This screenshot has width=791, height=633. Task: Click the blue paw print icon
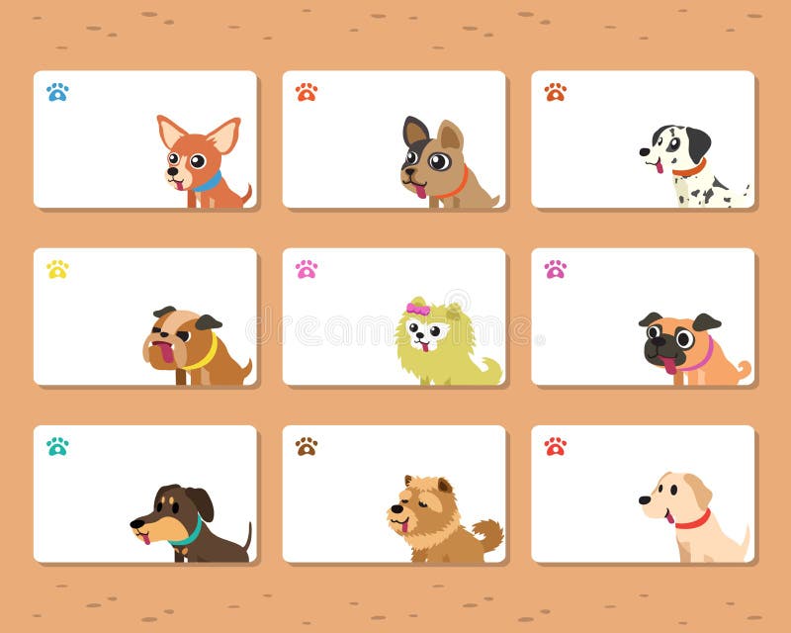click(57, 92)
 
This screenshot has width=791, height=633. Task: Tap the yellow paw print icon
click(57, 269)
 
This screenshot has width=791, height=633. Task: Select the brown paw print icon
click(307, 446)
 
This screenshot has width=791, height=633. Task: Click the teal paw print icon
click(57, 446)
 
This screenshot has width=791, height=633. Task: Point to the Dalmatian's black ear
click(698, 144)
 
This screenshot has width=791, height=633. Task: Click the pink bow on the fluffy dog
click(418, 310)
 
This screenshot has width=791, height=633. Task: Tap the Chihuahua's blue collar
click(208, 182)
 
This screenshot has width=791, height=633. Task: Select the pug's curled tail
click(744, 369)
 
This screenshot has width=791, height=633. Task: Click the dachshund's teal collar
click(185, 537)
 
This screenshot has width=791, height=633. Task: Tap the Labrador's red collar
click(694, 520)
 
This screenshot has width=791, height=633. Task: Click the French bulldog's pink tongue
click(421, 191)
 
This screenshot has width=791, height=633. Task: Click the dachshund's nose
click(133, 524)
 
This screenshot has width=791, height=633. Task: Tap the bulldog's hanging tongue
click(165, 352)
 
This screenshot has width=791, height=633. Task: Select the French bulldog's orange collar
click(458, 184)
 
